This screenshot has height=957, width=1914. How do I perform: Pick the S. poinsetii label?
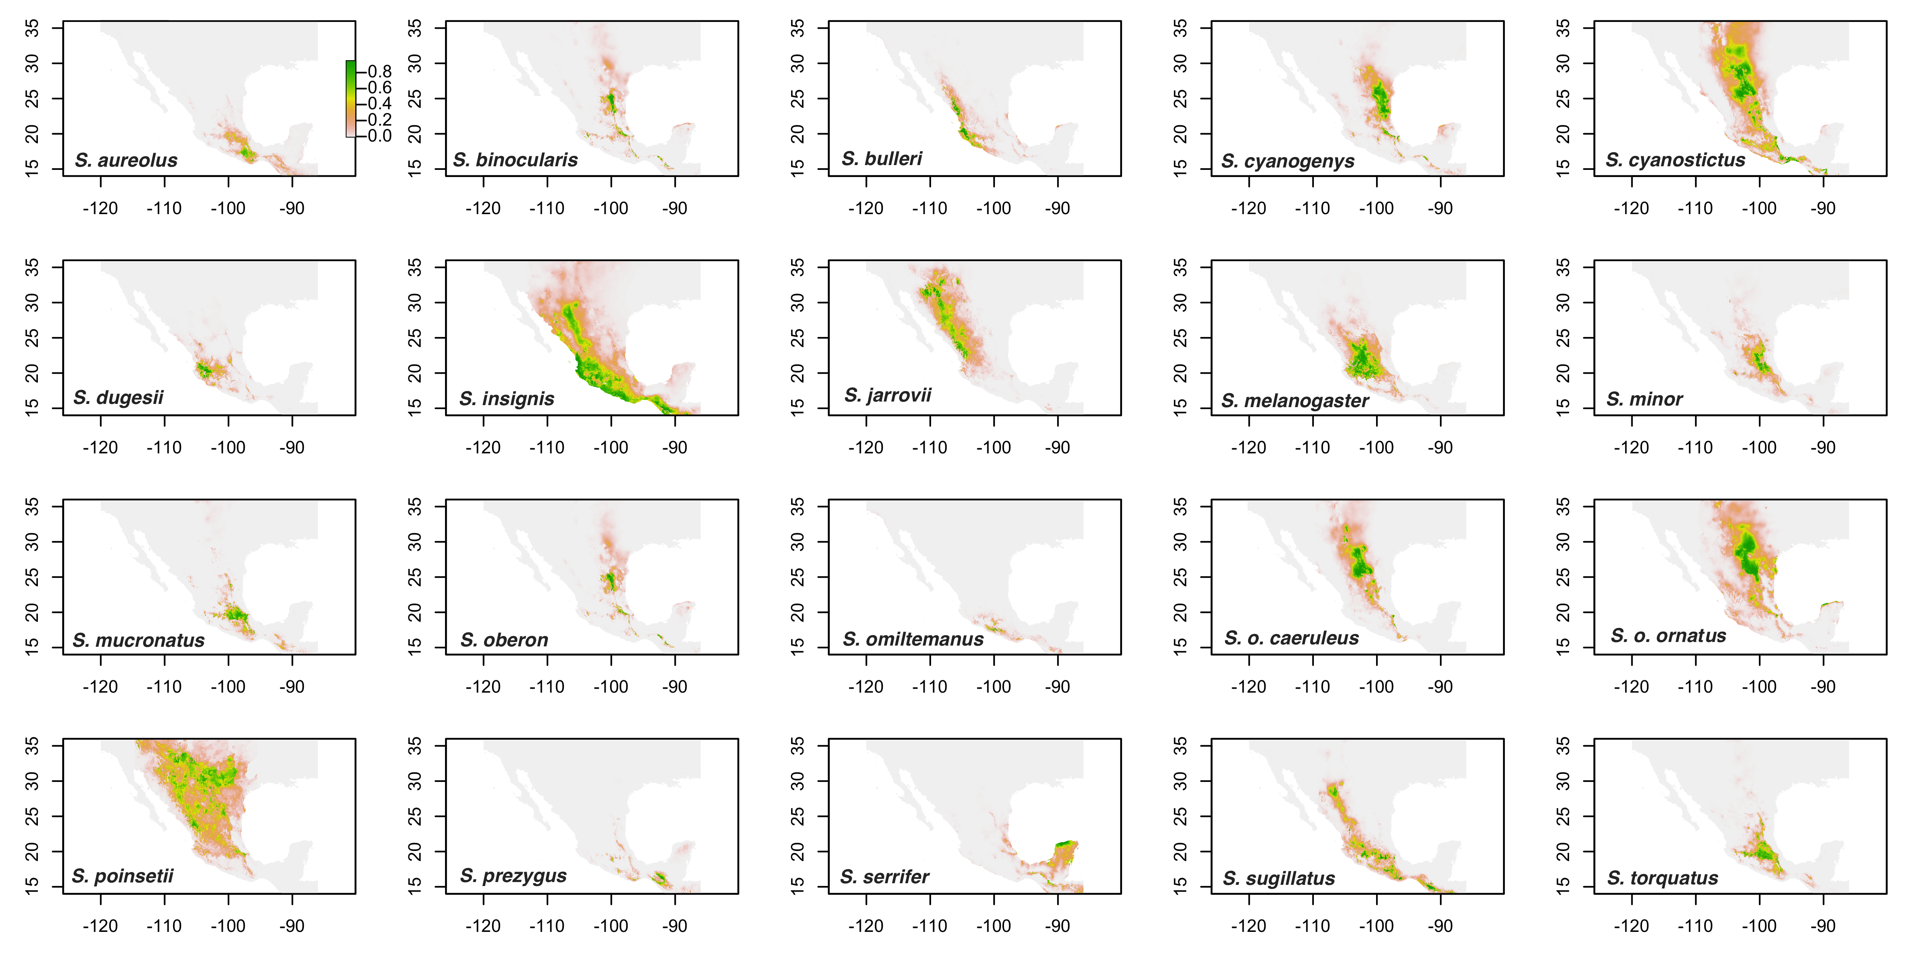coord(122,876)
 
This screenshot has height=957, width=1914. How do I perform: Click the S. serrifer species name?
coord(884,877)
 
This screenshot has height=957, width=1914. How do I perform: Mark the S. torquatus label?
coord(1662,878)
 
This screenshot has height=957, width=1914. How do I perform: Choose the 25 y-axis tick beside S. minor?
coord(1563,338)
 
